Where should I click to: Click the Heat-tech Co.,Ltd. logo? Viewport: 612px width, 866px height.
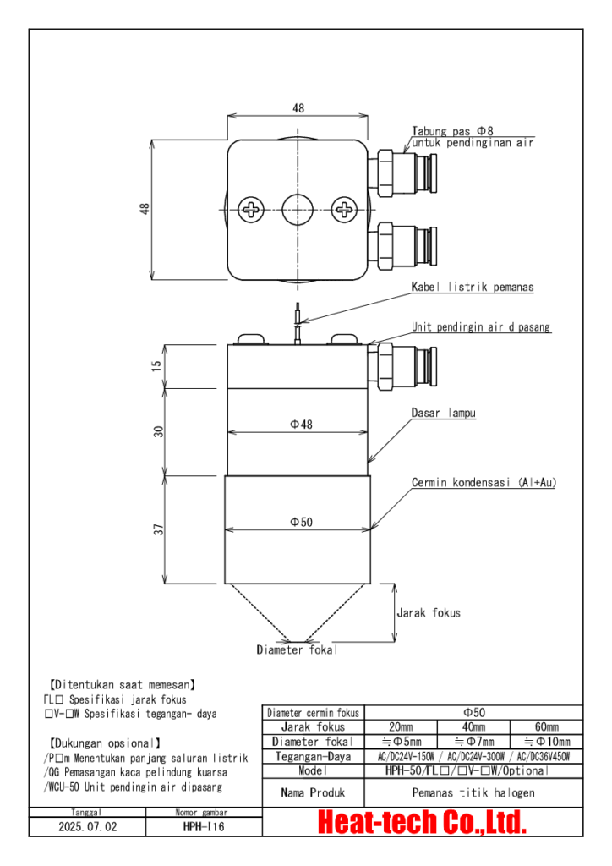pyautogui.click(x=422, y=822)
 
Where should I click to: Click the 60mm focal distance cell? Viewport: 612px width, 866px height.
pyautogui.click(x=546, y=726)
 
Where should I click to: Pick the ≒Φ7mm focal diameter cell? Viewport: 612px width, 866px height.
pyautogui.click(x=473, y=741)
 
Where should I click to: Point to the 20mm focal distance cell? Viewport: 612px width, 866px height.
pyautogui.click(x=401, y=726)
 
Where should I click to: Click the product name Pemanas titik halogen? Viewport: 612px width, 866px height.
pyautogui.click(x=473, y=792)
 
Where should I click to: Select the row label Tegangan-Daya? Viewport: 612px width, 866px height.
pyautogui.click(x=313, y=756)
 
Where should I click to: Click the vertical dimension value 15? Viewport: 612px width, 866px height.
pyautogui.click(x=158, y=365)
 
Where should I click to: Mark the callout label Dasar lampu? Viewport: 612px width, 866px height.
pyautogui.click(x=443, y=414)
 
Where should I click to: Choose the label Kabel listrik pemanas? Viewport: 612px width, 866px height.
pyautogui.click(x=472, y=288)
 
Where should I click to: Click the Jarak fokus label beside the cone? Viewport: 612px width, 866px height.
pyautogui.click(x=429, y=612)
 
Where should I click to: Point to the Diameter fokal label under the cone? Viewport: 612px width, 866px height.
pyautogui.click(x=297, y=649)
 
